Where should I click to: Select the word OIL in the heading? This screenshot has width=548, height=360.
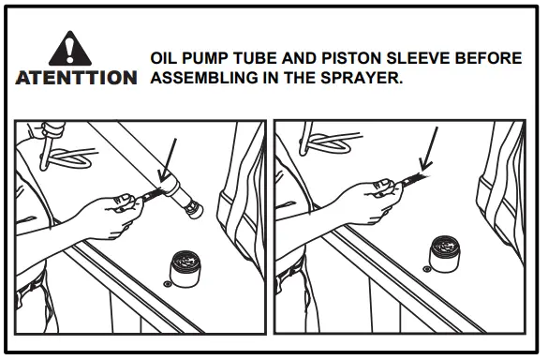click(x=165, y=59)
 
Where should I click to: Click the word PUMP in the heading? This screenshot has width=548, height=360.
click(x=207, y=59)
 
